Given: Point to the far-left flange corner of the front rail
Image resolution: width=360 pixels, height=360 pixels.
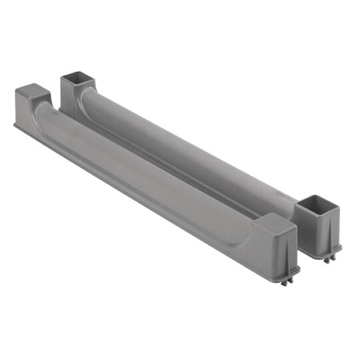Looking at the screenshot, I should pos(15,124).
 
